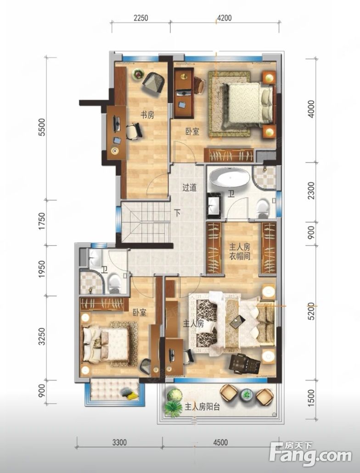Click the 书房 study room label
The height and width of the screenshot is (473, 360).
pos(147,115)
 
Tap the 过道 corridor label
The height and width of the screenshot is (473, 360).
pos(189,187)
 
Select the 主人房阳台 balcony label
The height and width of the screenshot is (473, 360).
pos(202,407)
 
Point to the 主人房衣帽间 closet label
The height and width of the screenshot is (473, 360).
pos(240,252)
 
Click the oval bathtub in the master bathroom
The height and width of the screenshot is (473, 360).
pos(230,178)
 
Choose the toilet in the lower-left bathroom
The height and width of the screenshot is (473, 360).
pos(115,283)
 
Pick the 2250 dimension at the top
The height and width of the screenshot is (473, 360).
pos(141,18)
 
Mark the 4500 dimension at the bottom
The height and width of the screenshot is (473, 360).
pos(220,443)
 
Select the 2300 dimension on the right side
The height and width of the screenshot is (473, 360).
pos(311,190)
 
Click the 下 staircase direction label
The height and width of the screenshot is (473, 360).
pos(178,214)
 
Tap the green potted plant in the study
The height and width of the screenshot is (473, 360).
pos(137,74)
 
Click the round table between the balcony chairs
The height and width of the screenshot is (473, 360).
pos(247,394)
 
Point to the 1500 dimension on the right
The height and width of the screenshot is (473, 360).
pos(311,398)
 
